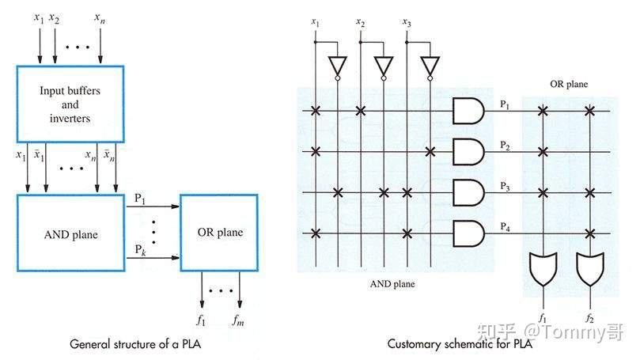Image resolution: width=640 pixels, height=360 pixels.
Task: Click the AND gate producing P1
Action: (468, 111)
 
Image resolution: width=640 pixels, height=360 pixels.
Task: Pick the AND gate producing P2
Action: (468, 151)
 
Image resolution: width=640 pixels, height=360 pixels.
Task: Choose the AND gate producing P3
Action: (468, 192)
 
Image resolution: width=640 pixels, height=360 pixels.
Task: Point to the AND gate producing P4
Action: (468, 233)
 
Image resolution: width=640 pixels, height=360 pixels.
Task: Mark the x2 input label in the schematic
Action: (360, 22)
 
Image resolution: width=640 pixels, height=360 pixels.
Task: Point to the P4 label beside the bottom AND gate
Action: (505, 226)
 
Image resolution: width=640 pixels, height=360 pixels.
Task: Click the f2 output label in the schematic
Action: (590, 318)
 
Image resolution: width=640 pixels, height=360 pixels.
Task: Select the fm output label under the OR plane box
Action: (238, 320)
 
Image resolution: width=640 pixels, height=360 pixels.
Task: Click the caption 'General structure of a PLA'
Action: (135, 343)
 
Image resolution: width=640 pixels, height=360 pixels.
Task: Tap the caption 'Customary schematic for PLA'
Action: (460, 343)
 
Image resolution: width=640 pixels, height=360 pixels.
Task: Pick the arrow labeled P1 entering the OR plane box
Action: (153, 207)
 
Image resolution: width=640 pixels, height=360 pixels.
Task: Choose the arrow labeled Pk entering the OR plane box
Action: (153, 258)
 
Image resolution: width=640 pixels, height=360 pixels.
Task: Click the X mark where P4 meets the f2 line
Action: (590, 233)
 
